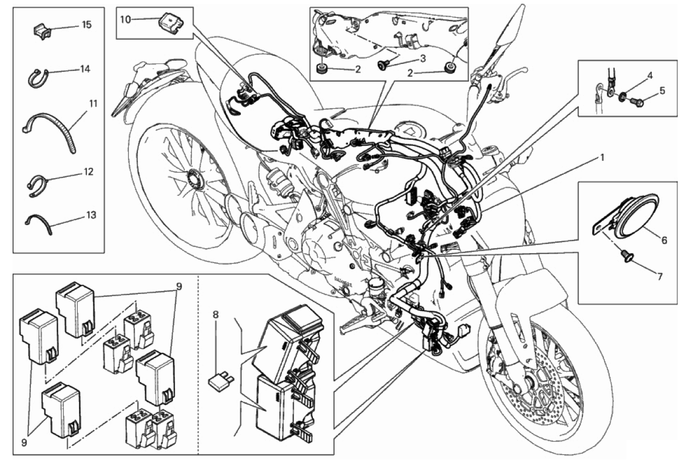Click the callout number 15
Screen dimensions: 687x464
coord(87,25)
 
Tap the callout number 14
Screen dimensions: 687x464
coord(85,69)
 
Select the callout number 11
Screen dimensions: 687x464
coord(93,104)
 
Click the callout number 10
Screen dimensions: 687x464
coord(125,19)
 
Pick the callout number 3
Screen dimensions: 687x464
coord(423,59)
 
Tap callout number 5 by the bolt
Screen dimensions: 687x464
coord(662,91)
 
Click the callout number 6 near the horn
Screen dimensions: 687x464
coord(664,240)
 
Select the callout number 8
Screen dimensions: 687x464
coord(216,314)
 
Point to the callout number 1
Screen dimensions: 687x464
coord(602,158)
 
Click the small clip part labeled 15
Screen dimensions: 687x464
coord(41,30)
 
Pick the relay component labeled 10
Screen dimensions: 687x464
coord(171,23)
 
